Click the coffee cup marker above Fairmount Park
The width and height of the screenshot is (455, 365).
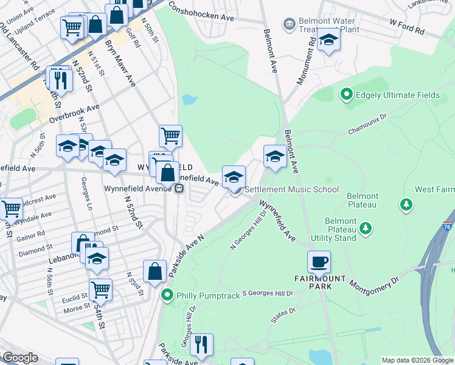click(319, 263)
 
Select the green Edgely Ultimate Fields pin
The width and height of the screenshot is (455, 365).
click(346, 94)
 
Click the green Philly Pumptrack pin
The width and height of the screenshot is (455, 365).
click(168, 296)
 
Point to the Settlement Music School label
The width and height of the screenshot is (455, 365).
click(292, 189)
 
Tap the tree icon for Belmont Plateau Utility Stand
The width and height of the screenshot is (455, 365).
click(365, 228)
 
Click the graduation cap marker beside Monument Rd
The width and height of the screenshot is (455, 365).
click(329, 40)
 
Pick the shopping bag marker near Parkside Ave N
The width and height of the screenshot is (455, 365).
click(155, 273)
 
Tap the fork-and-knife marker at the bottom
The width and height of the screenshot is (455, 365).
click(201, 345)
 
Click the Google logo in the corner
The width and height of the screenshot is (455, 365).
click(20, 358)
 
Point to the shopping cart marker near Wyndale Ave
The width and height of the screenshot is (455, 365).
click(12, 209)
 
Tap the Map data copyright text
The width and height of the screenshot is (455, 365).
click(417, 360)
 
